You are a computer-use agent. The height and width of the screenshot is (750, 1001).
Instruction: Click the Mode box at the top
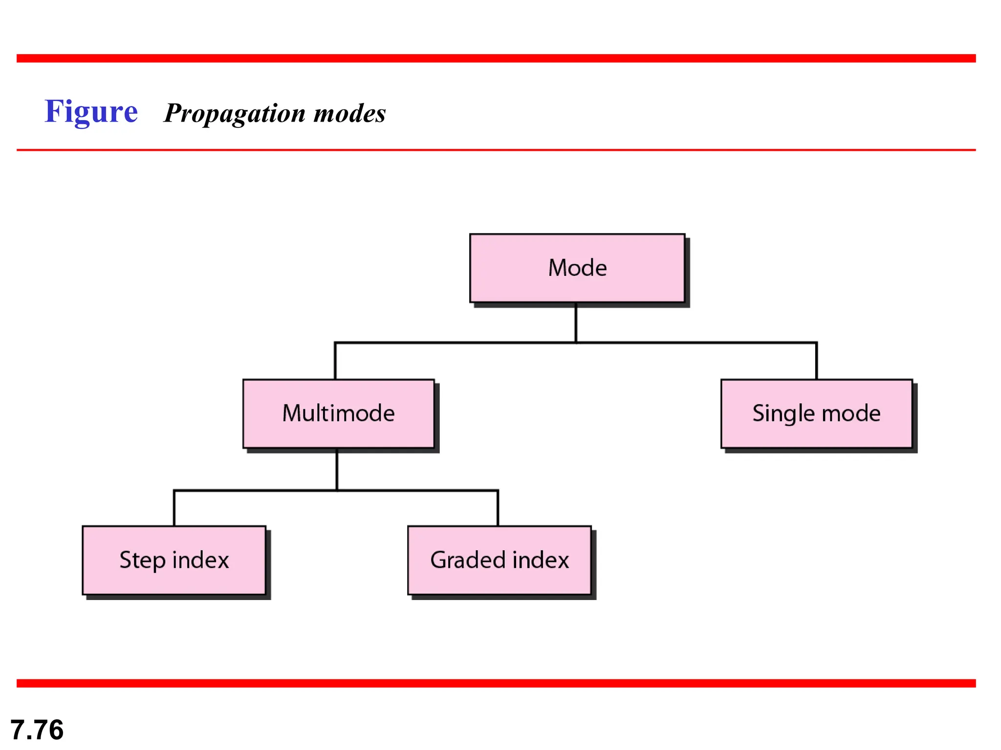[577, 268]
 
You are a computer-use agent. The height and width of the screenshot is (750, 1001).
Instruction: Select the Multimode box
[338, 414]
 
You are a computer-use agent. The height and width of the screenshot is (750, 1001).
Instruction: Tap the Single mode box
[816, 414]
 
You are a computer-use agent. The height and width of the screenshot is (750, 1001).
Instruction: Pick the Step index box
[174, 560]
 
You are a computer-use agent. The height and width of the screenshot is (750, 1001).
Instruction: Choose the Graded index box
[499, 560]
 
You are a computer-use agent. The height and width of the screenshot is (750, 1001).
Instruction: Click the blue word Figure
[91, 112]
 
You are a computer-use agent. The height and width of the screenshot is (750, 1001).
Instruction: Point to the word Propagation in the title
[235, 114]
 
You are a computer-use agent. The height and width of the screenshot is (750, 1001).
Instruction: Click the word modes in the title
[349, 113]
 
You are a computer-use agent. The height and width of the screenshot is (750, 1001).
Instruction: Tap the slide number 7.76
[37, 730]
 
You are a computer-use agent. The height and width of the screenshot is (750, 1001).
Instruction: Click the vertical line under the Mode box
[576, 322]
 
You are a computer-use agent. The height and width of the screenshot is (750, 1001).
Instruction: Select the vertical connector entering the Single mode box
[816, 361]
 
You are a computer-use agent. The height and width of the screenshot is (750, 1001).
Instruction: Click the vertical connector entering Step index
[174, 508]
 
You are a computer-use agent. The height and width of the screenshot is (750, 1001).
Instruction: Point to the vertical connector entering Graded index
[498, 508]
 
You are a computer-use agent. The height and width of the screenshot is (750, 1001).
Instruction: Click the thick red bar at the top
[496, 58]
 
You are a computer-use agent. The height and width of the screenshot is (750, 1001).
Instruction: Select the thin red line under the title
[496, 150]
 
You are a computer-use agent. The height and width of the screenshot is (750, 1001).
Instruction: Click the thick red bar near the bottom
[496, 683]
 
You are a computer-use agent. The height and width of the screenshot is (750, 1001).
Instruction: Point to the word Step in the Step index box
[142, 560]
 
